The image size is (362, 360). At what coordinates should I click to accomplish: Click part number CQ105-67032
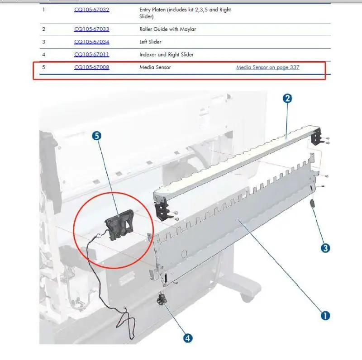(92, 9)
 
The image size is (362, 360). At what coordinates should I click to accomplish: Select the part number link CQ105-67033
(92, 29)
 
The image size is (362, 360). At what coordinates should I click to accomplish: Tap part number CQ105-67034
(92, 42)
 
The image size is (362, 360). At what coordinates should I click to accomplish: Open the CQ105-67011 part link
(92, 54)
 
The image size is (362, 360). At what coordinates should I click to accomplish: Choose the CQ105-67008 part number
(92, 67)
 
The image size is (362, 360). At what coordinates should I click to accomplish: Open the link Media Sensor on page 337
(268, 67)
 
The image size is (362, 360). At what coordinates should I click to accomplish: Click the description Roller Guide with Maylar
(167, 29)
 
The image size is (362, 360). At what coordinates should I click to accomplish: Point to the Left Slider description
(150, 42)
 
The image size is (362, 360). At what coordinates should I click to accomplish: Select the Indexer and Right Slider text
(167, 55)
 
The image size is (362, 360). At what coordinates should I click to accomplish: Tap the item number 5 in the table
(43, 67)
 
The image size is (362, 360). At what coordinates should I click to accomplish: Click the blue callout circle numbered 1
(325, 316)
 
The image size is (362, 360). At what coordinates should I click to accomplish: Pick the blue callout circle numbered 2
(287, 99)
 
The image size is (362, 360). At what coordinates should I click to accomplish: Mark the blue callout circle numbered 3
(325, 248)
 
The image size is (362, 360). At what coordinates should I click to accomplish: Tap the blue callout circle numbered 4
(188, 338)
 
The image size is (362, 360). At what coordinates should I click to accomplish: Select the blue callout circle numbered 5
(97, 136)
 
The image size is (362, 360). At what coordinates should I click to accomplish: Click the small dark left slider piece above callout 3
(312, 204)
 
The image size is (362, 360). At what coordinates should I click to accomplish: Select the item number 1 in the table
(43, 9)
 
